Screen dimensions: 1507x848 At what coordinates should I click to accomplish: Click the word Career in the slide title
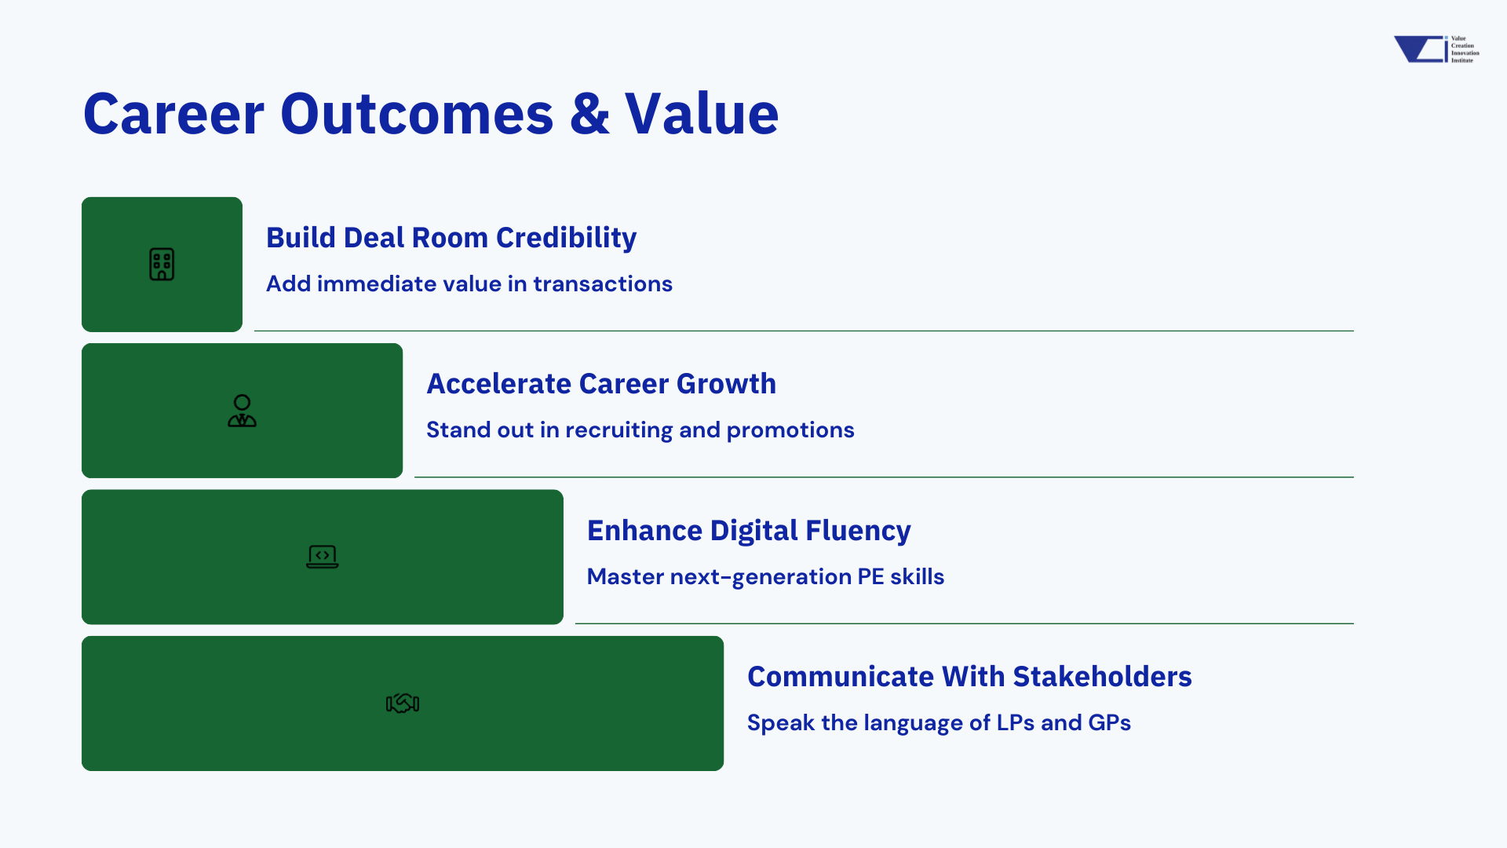coord(174,114)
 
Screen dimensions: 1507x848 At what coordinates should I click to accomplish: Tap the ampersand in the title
coord(589,114)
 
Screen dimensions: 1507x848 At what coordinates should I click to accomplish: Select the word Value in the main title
coord(702,114)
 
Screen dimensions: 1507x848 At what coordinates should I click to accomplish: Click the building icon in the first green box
coord(162,265)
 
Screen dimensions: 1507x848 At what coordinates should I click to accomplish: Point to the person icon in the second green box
coord(242,411)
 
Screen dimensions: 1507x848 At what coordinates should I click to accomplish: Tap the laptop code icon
coord(323,557)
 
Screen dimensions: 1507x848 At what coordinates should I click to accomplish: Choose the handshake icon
coord(403,704)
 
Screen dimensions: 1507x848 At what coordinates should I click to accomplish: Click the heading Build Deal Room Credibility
coord(451,238)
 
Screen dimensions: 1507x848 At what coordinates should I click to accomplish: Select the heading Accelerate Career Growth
coord(601,384)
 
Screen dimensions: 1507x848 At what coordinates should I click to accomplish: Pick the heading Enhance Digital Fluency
coord(749,531)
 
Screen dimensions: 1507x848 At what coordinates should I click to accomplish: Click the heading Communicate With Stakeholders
coord(969,677)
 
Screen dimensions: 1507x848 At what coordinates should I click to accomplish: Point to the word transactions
coord(603,283)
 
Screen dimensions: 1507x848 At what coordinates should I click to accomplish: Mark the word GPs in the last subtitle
coord(1110,722)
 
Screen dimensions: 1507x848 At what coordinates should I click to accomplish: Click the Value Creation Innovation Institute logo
coord(1436,49)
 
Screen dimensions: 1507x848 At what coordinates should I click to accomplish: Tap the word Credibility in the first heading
coord(566,238)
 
